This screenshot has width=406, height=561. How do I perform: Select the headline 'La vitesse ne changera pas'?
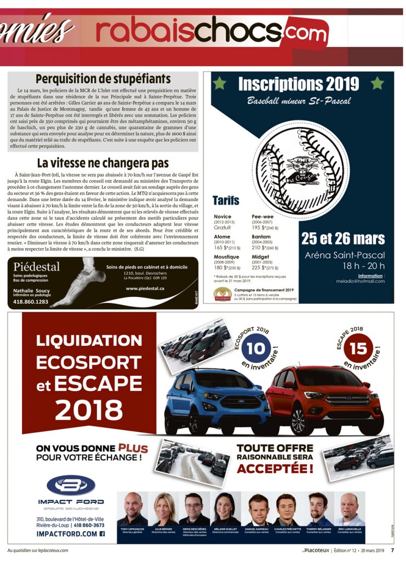pos(103,163)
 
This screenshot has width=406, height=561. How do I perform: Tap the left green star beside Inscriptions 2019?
pos(220,83)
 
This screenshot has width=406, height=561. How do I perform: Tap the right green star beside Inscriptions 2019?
pos(377,83)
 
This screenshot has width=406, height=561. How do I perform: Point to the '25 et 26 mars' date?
pos(343,239)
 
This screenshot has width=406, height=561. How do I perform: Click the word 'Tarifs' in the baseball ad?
pos(226,201)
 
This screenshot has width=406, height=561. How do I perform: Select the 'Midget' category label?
pos(260,256)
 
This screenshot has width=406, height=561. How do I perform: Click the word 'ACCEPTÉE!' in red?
pos(275,469)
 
